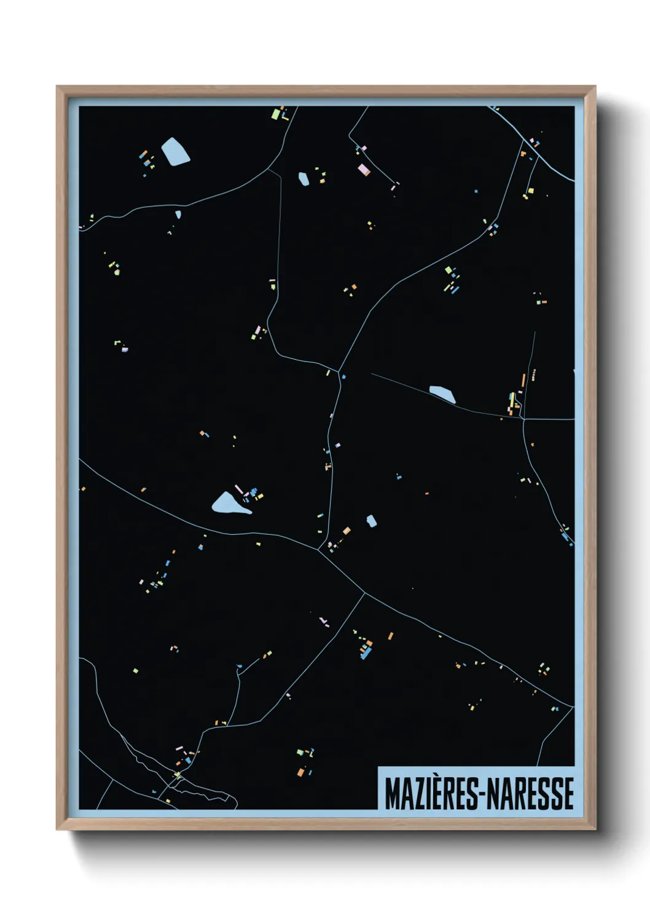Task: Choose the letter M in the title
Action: [x=391, y=794]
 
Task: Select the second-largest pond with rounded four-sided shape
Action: [x=175, y=151]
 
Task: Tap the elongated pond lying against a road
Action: [x=442, y=394]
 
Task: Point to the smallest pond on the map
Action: [x=178, y=215]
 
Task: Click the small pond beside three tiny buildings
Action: [x=303, y=179]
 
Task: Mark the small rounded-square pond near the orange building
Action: [x=371, y=521]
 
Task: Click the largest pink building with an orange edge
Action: [x=363, y=169]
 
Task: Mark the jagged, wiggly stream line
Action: [x=147, y=762]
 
